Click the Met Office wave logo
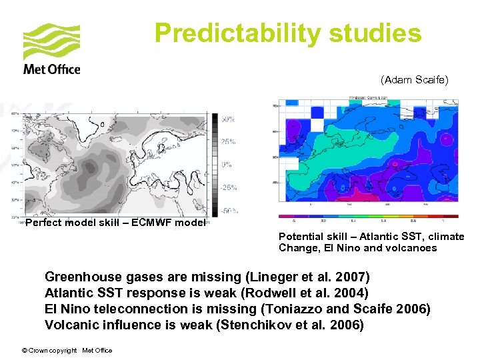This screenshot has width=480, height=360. click(x=51, y=42)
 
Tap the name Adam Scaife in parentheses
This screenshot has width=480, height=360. click(x=415, y=79)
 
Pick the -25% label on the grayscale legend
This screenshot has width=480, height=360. click(x=229, y=187)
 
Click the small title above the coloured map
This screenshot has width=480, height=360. click(x=369, y=98)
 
